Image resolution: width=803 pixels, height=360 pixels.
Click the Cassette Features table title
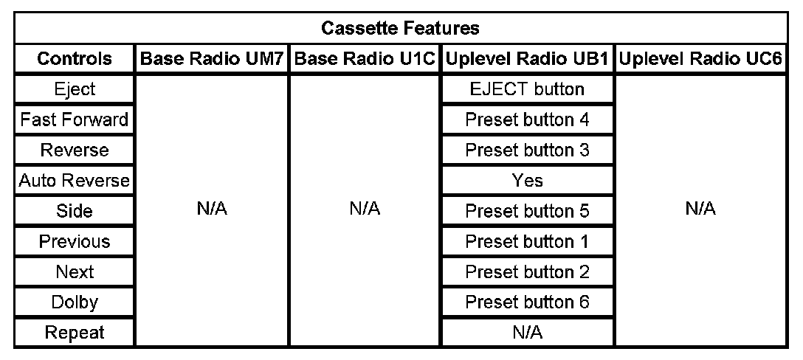pyautogui.click(x=401, y=27)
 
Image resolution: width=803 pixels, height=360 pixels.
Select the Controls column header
pyautogui.click(x=75, y=58)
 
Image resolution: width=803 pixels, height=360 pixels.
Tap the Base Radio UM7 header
pyautogui.click(x=212, y=58)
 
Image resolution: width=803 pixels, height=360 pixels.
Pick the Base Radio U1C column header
pyautogui.click(x=365, y=58)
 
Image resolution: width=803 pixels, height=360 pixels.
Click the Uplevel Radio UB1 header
pyautogui.click(x=527, y=58)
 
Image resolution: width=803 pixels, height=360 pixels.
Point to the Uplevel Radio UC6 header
pyautogui.click(x=700, y=58)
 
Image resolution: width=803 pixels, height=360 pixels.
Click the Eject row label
pyautogui.click(x=75, y=89)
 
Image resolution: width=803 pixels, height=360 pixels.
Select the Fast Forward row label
pyautogui.click(x=75, y=120)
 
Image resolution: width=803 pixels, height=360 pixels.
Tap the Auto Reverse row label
pyautogui.click(x=75, y=180)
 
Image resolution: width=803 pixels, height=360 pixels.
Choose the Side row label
pyautogui.click(x=75, y=210)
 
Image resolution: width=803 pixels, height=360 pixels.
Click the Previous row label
pyautogui.click(x=75, y=240)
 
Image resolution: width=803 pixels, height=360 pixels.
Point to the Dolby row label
pyautogui.click(x=75, y=302)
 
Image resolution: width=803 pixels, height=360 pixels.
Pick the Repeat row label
pyautogui.click(x=75, y=333)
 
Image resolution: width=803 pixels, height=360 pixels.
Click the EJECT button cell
pyautogui.click(x=527, y=89)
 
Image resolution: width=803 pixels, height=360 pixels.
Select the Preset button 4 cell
pyautogui.click(x=527, y=120)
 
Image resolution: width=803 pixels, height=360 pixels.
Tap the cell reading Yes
pyautogui.click(x=527, y=180)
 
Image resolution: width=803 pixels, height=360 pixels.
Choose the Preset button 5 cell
pyautogui.click(x=527, y=210)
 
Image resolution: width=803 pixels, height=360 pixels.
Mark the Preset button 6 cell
pyautogui.click(x=527, y=302)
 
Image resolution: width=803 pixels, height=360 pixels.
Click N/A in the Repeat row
pyautogui.click(x=527, y=333)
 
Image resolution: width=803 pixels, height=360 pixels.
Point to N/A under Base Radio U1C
pyautogui.click(x=365, y=209)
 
